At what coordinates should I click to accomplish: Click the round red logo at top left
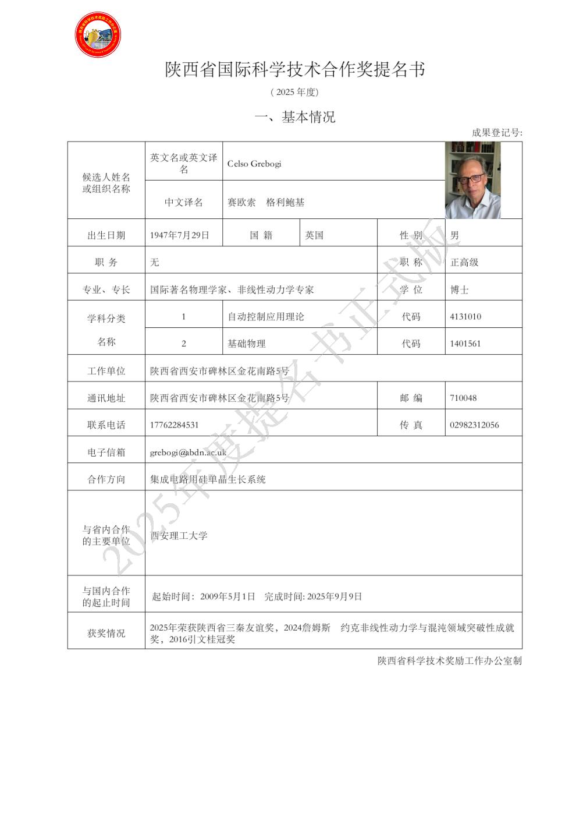pyautogui.click(x=98, y=35)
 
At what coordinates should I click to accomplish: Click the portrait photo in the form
pyautogui.click(x=472, y=181)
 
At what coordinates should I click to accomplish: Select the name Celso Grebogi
pyautogui.click(x=254, y=164)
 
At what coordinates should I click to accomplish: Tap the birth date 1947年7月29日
pyautogui.click(x=179, y=235)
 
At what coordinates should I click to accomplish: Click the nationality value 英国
pyautogui.click(x=314, y=235)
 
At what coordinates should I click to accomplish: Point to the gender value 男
pyautogui.click(x=454, y=235)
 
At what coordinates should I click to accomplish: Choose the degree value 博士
pyautogui.click(x=459, y=289)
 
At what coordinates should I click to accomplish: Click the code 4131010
pyautogui.click(x=465, y=317)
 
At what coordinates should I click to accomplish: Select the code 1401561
pyautogui.click(x=465, y=344)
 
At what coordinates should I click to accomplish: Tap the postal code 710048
pyautogui.click(x=463, y=398)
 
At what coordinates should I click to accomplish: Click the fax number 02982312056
pyautogui.click(x=474, y=425)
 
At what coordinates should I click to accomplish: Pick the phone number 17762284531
pyautogui.click(x=174, y=425)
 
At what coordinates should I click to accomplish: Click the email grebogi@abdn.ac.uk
pyautogui.click(x=188, y=452)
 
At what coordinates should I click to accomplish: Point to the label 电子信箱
pyautogui.click(x=106, y=452)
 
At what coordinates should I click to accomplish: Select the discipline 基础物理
pyautogui.click(x=246, y=344)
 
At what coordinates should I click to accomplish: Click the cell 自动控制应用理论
pyautogui.click(x=265, y=317)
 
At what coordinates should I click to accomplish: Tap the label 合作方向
pyautogui.click(x=106, y=479)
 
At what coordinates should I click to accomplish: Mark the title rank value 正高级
pyautogui.click(x=464, y=263)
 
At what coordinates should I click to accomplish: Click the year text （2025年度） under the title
pyautogui.click(x=294, y=92)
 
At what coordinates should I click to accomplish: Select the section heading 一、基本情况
pyautogui.click(x=294, y=117)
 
